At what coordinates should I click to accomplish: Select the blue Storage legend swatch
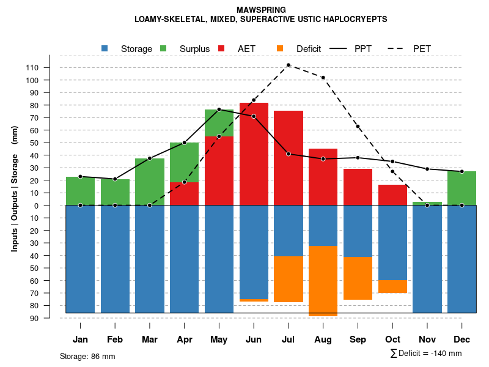tap(105, 48)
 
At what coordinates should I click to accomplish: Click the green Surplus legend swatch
tap(164, 48)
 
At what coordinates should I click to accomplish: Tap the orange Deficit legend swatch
tap(281, 48)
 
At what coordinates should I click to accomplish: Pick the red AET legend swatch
tap(222, 48)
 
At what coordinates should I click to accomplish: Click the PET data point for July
tap(288, 65)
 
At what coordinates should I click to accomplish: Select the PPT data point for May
tap(219, 109)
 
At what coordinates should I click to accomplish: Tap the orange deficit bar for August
tap(323, 281)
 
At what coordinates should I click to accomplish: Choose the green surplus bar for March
tap(150, 182)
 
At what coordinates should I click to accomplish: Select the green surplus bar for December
tap(461, 188)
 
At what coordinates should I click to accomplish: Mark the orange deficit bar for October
tap(392, 286)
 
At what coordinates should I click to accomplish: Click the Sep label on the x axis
tap(358, 339)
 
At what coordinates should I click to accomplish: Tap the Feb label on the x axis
tap(115, 339)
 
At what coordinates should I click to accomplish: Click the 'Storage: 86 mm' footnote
tap(87, 356)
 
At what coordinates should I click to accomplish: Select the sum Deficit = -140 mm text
tap(426, 354)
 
